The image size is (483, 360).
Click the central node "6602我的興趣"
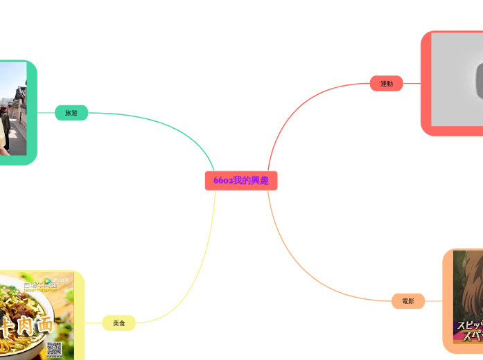(x=241, y=181)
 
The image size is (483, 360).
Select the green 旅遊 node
(x=71, y=112)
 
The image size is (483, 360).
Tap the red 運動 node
(x=386, y=84)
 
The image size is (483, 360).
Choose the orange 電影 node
(x=407, y=301)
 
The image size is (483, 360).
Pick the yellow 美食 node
(x=119, y=323)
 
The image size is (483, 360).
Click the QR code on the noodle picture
(x=54, y=349)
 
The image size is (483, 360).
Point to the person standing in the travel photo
(x=5, y=128)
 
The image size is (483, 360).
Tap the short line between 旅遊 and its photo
(x=46, y=112)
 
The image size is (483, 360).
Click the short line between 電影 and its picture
(x=433, y=301)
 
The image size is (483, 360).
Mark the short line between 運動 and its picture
(x=412, y=84)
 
